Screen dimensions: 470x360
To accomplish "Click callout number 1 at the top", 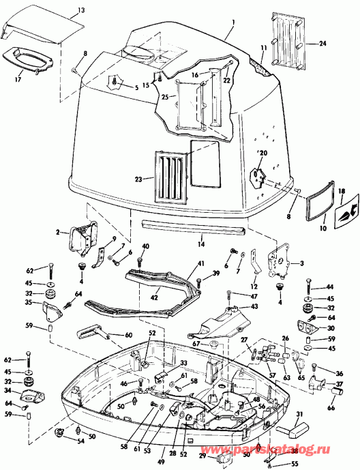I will pos(232,23).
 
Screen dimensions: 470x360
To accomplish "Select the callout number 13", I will pos(81,11).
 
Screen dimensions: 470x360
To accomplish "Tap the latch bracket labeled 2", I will pos(79,237).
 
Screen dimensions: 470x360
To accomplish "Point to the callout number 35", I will pos(29,303).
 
